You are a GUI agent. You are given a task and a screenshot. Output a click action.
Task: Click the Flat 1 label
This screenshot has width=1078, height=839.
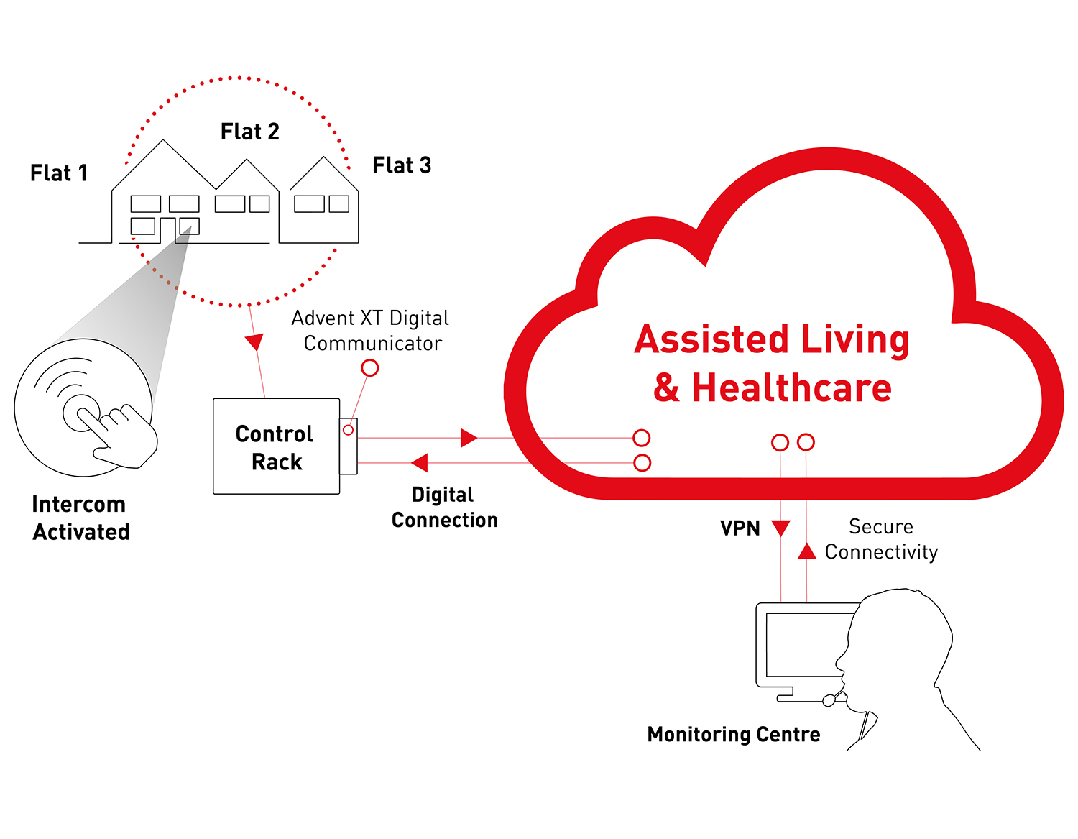click(x=59, y=173)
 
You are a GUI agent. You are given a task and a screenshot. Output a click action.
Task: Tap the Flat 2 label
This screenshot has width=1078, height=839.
click(x=249, y=132)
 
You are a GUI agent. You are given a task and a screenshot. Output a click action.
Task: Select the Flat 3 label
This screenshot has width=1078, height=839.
click(x=402, y=165)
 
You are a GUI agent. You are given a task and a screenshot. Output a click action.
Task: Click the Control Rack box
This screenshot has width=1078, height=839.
click(x=276, y=446)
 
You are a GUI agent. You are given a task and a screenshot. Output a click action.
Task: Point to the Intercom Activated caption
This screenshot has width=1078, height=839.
click(x=80, y=518)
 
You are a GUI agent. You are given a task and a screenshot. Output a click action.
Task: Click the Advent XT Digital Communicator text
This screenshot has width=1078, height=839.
click(x=371, y=331)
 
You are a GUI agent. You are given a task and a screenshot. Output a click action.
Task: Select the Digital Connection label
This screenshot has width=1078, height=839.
click(x=444, y=507)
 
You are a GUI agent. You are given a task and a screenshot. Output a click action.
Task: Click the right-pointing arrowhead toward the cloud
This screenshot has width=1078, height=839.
click(x=469, y=437)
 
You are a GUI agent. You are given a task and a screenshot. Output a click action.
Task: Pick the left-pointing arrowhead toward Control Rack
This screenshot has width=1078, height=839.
click(x=420, y=462)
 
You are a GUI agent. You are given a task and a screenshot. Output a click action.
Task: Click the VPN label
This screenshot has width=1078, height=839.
click(x=740, y=528)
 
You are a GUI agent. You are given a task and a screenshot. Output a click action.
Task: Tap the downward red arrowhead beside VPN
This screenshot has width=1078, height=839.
click(x=780, y=528)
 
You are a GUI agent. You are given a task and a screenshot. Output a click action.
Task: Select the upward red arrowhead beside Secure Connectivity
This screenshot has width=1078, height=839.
click(x=807, y=551)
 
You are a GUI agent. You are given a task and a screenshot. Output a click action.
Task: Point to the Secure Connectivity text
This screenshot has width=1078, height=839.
click(x=881, y=539)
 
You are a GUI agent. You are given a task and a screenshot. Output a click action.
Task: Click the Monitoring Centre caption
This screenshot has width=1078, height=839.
click(x=734, y=734)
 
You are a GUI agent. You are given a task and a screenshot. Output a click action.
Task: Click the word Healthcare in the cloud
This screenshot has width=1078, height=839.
click(x=791, y=388)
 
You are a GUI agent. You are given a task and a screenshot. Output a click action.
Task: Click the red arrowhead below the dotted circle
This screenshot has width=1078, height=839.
click(x=254, y=342)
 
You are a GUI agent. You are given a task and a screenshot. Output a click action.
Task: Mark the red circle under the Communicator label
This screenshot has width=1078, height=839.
click(x=369, y=368)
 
